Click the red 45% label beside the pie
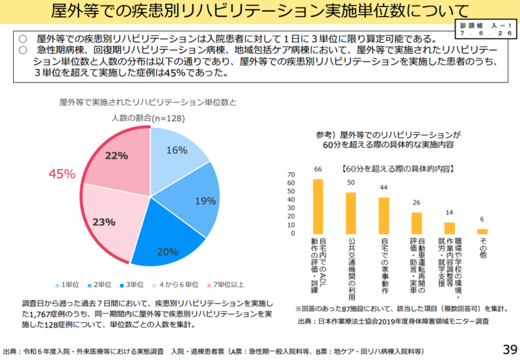click(62, 174)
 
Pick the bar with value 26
click(417, 223)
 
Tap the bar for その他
click(482, 231)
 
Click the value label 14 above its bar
click(449, 212)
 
